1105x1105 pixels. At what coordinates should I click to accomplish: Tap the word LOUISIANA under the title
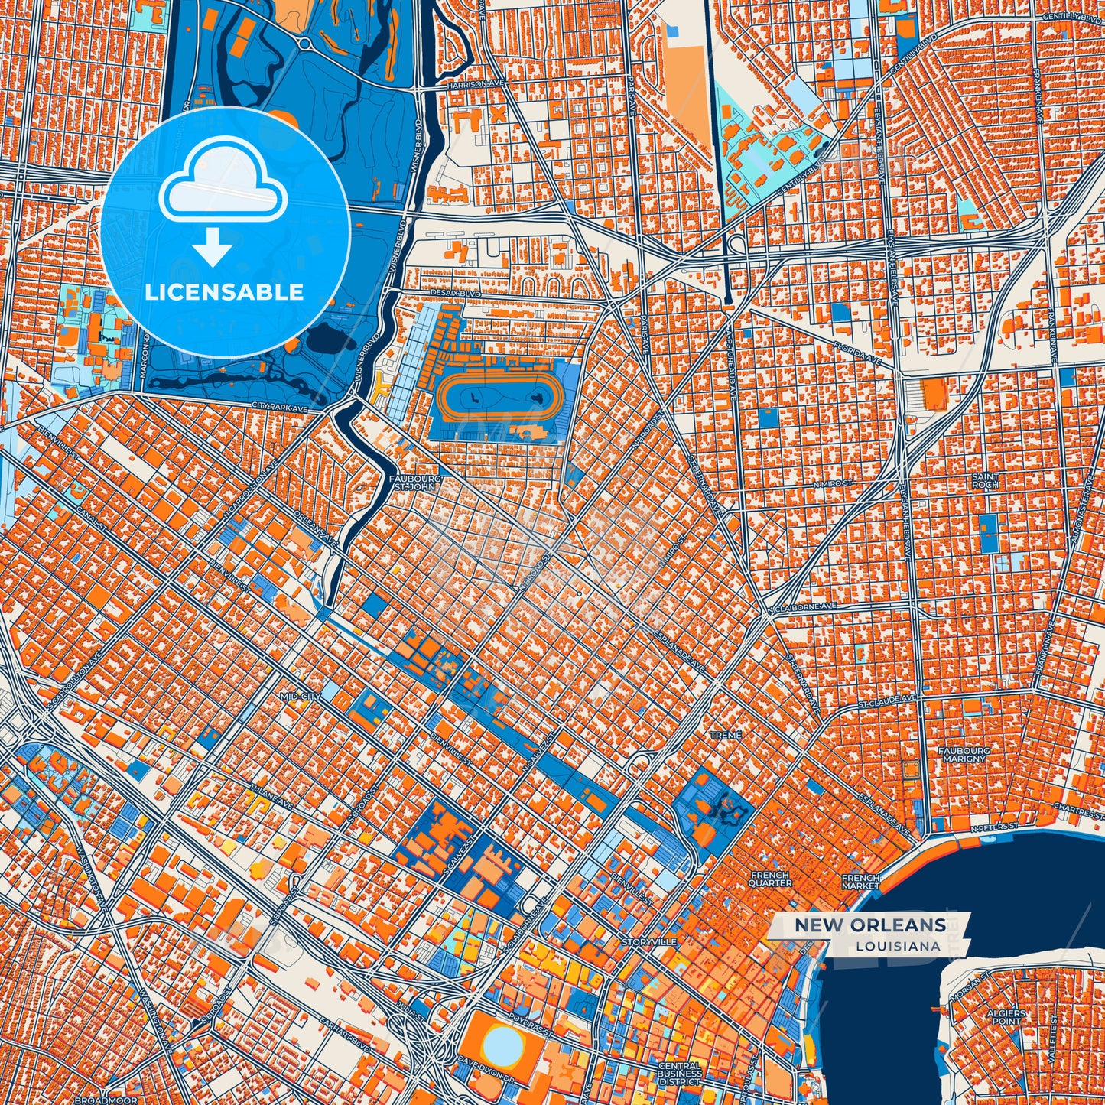pyautogui.click(x=898, y=946)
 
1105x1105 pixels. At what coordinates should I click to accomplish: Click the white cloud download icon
pyautogui.click(x=223, y=188)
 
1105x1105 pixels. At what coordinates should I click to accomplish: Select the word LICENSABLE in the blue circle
pyautogui.click(x=224, y=292)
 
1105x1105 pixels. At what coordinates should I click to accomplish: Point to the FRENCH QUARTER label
pyautogui.click(x=770, y=879)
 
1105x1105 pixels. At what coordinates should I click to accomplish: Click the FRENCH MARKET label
pyautogui.click(x=861, y=882)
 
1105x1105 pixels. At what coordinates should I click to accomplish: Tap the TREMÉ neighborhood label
pyautogui.click(x=726, y=735)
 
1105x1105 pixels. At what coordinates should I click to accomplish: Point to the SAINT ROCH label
pyautogui.click(x=985, y=480)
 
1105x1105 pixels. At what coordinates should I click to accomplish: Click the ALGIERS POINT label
pyautogui.click(x=1006, y=1016)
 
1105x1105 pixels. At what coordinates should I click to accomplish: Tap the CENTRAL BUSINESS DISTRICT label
pyautogui.click(x=679, y=1074)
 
